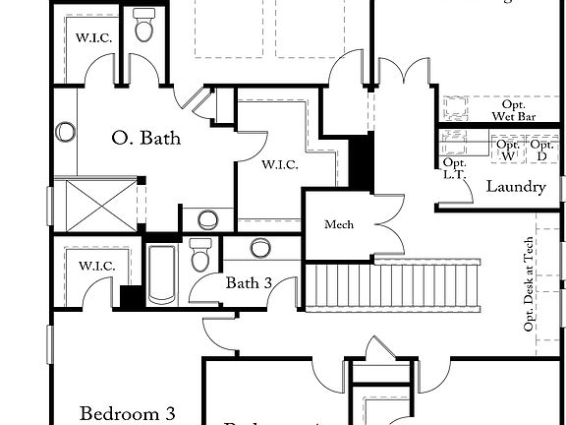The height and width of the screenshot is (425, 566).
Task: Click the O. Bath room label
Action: pos(146,139)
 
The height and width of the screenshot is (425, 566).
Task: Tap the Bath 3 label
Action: pos(249,283)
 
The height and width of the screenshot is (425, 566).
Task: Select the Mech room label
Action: pos(339,225)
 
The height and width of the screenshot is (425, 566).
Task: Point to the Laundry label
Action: pos(516,186)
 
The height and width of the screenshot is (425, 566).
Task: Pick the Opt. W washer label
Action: pos(508,150)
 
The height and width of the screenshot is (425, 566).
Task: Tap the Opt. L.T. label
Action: pos(454,168)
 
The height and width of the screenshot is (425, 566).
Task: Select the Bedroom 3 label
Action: pos(121,412)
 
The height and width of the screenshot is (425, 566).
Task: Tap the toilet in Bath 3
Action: pos(201,255)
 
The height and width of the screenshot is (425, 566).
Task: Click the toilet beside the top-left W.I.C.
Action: pos(144,27)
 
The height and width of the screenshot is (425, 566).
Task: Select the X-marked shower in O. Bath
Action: pos(95,204)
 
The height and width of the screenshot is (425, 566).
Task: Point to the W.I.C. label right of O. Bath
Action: pos(279,164)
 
